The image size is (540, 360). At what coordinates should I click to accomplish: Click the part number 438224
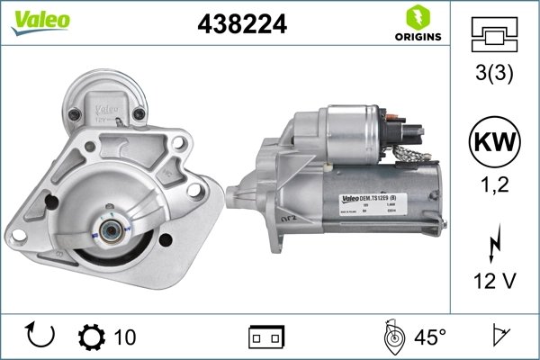241,25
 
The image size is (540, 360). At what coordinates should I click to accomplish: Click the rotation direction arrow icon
41,337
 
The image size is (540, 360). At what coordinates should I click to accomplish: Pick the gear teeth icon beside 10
91,337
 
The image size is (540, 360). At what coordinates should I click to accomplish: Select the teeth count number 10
125,337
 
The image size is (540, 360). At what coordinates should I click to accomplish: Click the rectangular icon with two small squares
265,337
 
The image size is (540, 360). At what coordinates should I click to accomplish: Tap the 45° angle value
430,337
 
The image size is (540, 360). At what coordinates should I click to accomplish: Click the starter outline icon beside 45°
393,337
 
